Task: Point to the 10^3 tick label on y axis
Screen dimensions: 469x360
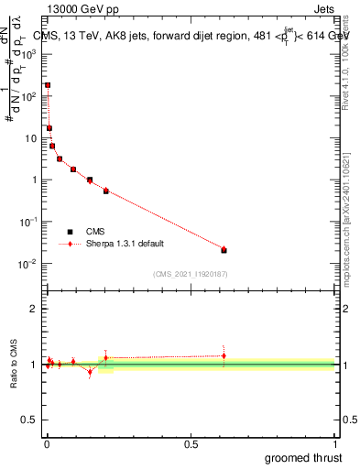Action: pos(28,54)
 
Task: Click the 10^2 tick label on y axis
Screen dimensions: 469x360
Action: pos(28,96)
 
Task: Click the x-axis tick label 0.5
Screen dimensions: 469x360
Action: pos(191,444)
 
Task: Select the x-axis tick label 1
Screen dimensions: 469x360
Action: pos(334,444)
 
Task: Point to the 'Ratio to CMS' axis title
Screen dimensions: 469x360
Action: pos(13,365)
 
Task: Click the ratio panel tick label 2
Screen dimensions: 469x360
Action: pos(33,309)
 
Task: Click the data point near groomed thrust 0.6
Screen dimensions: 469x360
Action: pos(224,249)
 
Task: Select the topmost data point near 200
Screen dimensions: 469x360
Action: pos(48,85)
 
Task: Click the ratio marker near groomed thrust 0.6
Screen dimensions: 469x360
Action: pos(224,356)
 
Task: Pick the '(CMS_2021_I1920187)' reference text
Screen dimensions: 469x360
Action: pos(190,274)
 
